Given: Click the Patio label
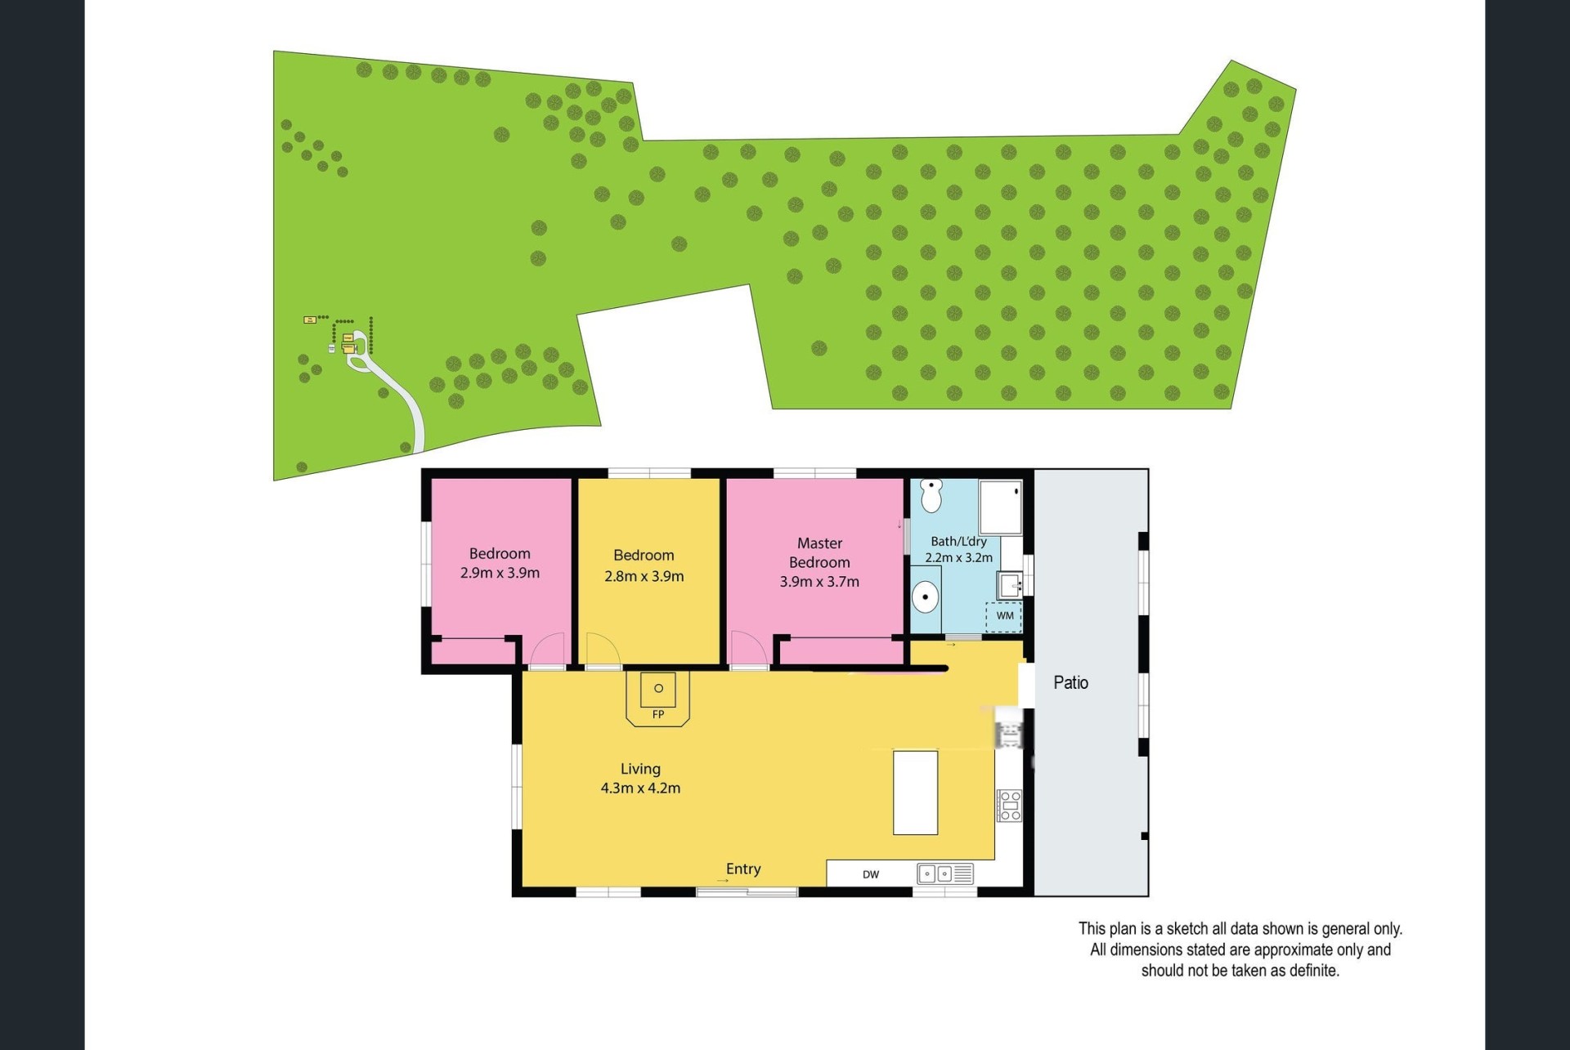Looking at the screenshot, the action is click(1070, 682).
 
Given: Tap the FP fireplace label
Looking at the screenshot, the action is click(658, 714).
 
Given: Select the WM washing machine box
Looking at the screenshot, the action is click(1004, 616).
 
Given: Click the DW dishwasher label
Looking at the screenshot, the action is click(871, 874).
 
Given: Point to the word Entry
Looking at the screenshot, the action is click(743, 869).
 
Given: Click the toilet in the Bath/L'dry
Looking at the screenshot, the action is click(931, 495).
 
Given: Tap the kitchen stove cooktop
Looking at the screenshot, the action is click(1009, 805).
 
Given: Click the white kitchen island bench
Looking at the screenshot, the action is click(915, 792).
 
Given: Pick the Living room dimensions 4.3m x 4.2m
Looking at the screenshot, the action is click(640, 789).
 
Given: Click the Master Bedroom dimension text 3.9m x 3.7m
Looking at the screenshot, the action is click(819, 582).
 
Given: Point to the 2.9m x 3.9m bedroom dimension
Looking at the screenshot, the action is click(500, 573).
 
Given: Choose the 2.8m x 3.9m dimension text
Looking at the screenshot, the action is click(644, 576).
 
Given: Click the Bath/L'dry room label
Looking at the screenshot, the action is click(958, 541).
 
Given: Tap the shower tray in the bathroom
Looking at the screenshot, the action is click(1001, 507).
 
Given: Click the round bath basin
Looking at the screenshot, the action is click(925, 597).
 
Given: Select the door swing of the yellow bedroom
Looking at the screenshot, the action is click(603, 651).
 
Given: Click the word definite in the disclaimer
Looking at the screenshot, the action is click(1314, 971).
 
